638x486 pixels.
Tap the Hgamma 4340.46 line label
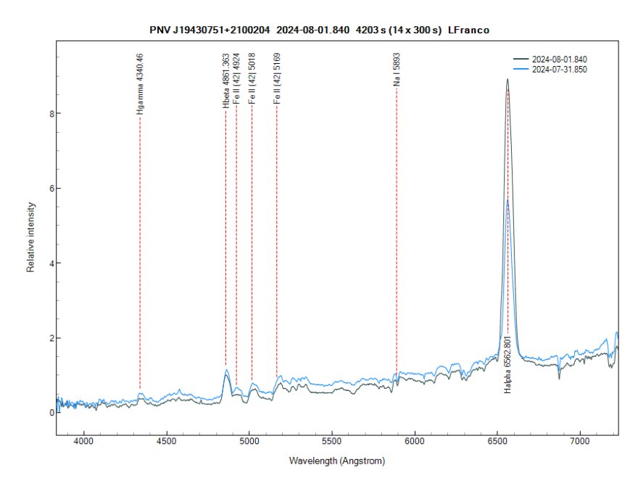click(x=140, y=84)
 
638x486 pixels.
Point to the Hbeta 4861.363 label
click(x=226, y=81)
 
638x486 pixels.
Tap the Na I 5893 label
click(x=397, y=70)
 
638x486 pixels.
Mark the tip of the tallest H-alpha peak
click(x=507, y=79)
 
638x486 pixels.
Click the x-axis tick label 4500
click(x=167, y=441)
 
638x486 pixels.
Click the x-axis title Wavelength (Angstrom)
click(x=336, y=461)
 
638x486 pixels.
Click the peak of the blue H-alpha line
click(x=508, y=201)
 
